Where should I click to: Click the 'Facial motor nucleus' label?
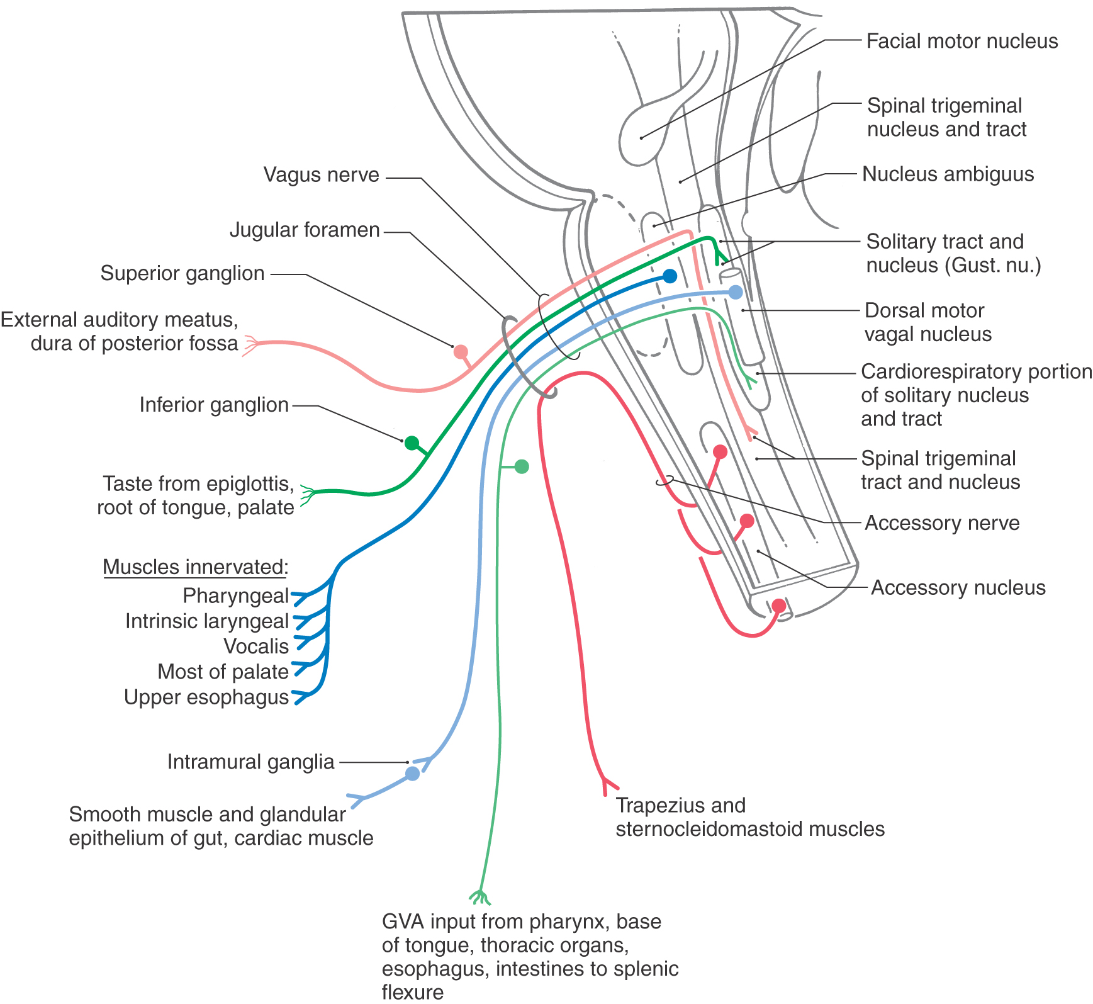[961, 42]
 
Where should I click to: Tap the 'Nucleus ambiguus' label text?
[948, 174]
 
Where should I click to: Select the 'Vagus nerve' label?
[321, 175]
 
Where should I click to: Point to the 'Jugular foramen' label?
[305, 230]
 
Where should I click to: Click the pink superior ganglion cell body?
[461, 352]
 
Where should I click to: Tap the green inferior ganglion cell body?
[412, 443]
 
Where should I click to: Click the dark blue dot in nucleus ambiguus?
[670, 276]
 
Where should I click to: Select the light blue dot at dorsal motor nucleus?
[736, 292]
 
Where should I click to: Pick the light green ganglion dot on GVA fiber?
[522, 466]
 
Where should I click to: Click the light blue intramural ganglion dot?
[412, 774]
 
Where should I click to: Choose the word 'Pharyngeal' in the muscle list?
[235, 595]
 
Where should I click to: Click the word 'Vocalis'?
[256, 646]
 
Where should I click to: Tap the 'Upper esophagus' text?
[206, 697]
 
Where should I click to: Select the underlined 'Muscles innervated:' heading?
[195, 567]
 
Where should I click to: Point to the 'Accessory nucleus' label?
[958, 588]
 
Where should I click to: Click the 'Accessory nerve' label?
[942, 523]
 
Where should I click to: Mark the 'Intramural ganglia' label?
[250, 762]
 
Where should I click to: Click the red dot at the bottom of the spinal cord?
[779, 606]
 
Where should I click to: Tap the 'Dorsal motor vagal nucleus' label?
[928, 322]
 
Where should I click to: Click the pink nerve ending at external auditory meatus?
[250, 345]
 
